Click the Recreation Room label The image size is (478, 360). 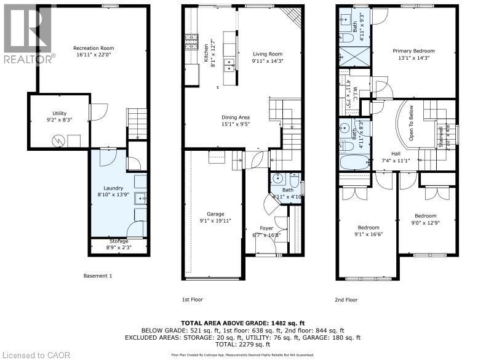(94, 48)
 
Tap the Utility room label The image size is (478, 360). (59, 113)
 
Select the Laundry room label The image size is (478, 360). (113, 188)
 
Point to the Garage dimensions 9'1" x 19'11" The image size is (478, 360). (215, 220)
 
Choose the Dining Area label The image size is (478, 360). (236, 117)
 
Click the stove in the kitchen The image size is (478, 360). (190, 42)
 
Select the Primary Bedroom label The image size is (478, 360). (413, 51)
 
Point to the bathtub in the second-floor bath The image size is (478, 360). (354, 162)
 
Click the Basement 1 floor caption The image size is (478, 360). (98, 276)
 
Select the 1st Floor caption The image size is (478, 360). (192, 300)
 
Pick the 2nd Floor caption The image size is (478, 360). (346, 300)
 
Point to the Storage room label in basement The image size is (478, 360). (119, 241)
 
